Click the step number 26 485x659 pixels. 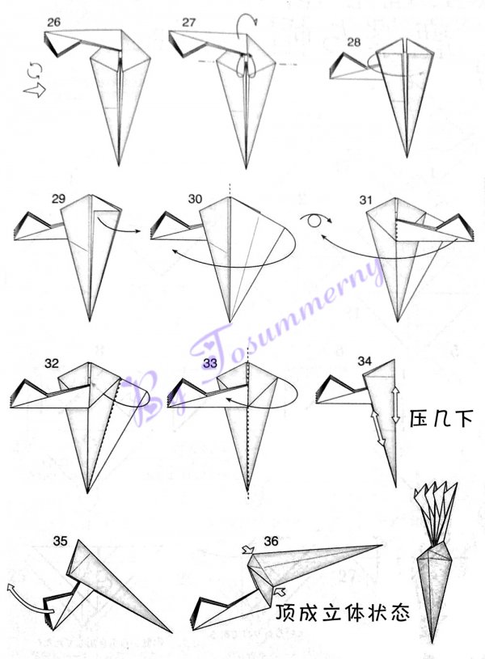tap(54, 23)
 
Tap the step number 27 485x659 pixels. tap(189, 23)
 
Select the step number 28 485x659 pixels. tap(354, 42)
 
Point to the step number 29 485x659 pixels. tap(58, 199)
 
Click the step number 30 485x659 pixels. tap(195, 199)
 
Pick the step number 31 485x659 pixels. tap(365, 200)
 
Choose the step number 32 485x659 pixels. tap(51, 364)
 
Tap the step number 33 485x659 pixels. tap(210, 363)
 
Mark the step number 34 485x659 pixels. tap(365, 361)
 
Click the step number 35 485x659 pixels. tap(60, 541)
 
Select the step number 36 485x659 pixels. tap(271, 541)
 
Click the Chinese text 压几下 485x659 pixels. tap(441, 419)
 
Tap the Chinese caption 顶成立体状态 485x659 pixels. tap(343, 613)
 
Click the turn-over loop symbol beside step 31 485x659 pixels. tap(316, 220)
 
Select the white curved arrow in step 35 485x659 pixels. tap(25, 597)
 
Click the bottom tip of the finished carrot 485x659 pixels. tap(433, 643)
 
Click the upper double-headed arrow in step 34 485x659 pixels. tap(395, 404)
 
